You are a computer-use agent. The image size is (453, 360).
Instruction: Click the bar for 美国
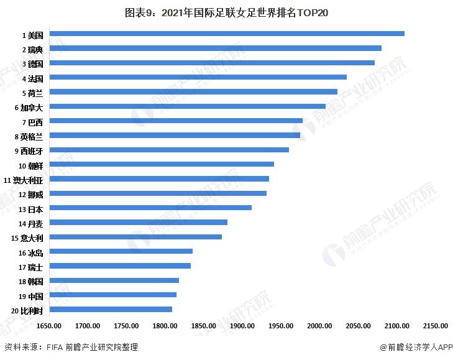(227, 34)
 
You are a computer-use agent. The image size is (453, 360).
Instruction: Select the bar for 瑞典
(215, 48)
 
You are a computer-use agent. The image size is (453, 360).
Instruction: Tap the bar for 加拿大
(187, 106)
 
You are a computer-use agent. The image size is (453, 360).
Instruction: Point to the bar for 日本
(150, 208)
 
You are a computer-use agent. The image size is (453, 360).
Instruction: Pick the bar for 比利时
(111, 309)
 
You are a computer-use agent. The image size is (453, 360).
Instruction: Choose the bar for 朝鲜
(162, 164)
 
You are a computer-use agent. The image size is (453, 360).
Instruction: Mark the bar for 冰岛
(121, 251)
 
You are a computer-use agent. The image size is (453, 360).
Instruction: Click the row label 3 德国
(32, 63)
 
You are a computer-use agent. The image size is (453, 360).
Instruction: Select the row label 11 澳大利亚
(24, 180)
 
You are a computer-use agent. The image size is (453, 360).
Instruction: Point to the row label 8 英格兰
(29, 136)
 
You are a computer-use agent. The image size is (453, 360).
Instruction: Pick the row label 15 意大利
(27, 238)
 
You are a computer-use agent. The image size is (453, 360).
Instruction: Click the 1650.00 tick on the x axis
(49, 325)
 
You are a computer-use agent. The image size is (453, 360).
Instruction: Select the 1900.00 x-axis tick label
(242, 325)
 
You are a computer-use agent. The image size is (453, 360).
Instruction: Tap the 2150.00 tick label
(436, 325)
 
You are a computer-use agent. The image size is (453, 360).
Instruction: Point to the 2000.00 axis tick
(319, 325)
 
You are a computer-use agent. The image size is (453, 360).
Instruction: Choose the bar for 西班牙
(169, 150)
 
